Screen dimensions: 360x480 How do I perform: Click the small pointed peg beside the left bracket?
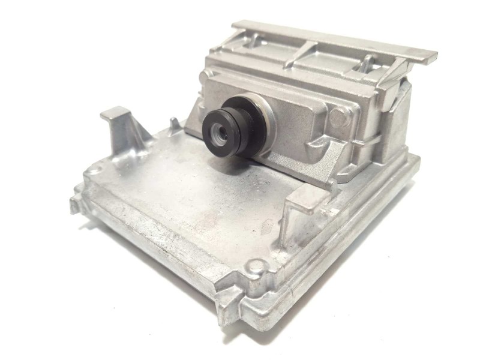175,125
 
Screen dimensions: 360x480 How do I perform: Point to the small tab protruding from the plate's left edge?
74,204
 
